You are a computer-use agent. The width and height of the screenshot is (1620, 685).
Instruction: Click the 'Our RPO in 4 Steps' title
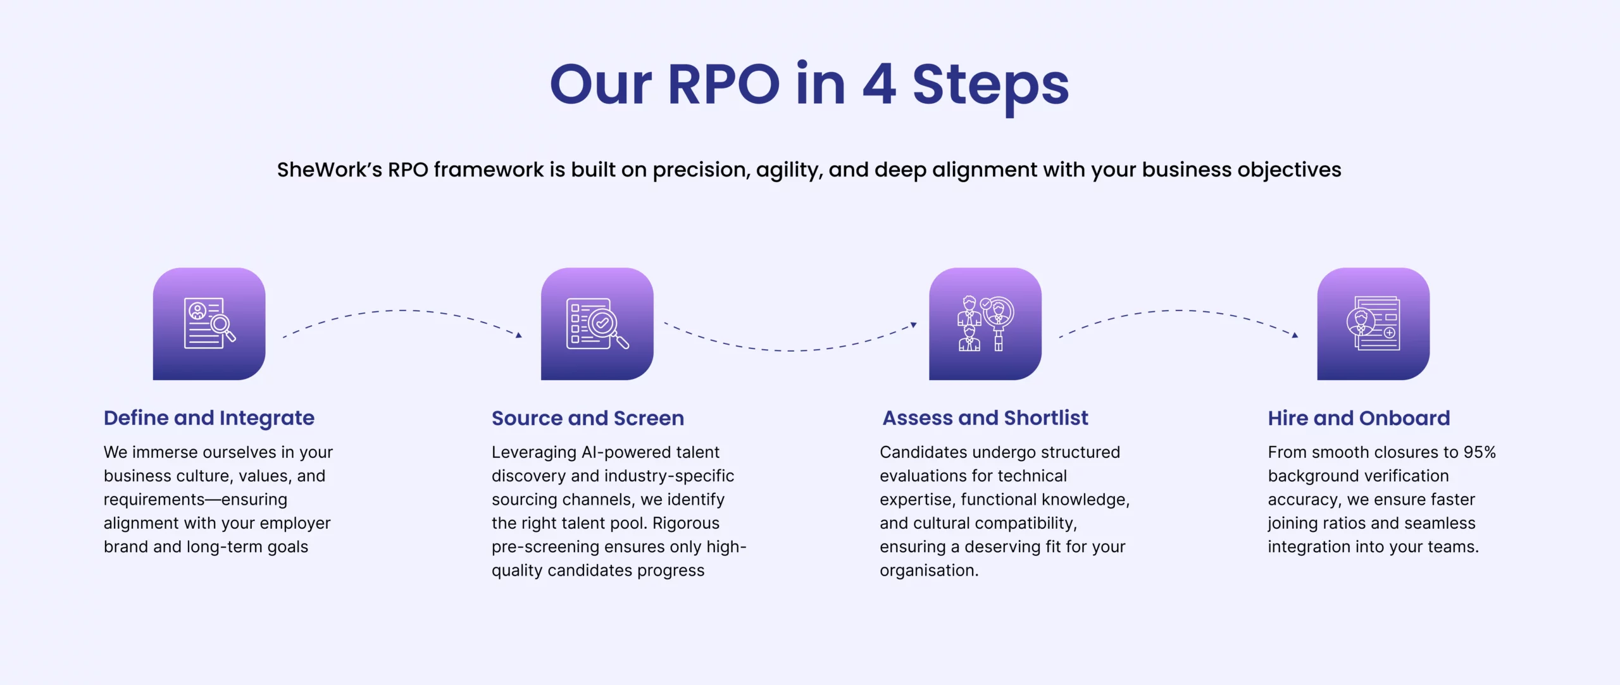[809, 85]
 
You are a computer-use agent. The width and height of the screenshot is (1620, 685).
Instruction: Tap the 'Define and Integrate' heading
[209, 418]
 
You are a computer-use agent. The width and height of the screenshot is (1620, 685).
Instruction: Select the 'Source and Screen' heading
[588, 418]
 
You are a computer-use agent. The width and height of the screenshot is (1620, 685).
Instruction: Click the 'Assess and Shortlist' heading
[985, 418]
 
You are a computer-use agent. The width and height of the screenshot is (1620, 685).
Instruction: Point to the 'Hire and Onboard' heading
[1359, 418]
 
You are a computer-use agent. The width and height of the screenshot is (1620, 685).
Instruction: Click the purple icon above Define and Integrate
[209, 324]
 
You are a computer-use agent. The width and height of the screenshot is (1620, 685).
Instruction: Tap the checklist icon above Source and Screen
[597, 324]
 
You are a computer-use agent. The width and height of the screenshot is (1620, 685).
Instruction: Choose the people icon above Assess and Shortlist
[985, 324]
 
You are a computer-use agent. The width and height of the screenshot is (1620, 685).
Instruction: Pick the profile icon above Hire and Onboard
[1373, 324]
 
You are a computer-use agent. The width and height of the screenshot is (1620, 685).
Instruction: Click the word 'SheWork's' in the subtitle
[329, 170]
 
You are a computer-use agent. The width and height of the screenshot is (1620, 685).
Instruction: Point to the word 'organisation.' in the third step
[929, 571]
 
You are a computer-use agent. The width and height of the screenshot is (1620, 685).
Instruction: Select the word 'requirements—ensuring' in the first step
[196, 500]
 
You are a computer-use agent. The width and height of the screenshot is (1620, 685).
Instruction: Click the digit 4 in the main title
[879, 85]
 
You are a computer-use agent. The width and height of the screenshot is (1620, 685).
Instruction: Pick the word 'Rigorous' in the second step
[686, 523]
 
